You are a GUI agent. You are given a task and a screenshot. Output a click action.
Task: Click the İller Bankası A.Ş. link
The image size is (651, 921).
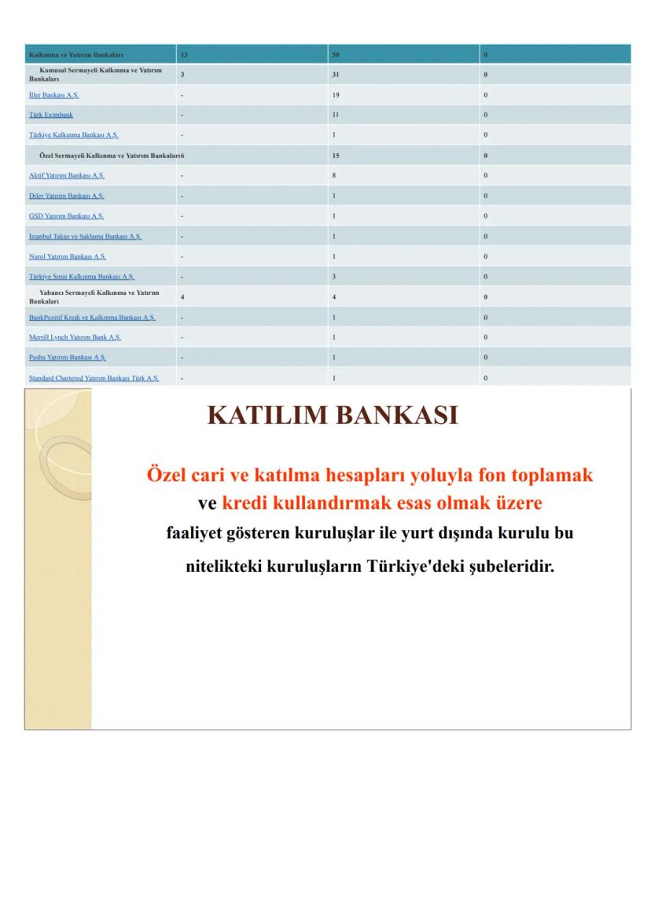point(53,95)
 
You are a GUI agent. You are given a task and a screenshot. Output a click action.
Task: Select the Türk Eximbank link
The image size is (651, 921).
point(51,115)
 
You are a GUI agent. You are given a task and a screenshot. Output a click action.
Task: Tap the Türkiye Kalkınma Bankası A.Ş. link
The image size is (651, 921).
point(73,135)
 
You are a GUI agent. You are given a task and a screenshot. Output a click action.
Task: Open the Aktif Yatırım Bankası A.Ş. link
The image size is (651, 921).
point(66,175)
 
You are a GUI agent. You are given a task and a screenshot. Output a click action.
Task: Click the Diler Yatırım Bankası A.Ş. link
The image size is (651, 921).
point(66,196)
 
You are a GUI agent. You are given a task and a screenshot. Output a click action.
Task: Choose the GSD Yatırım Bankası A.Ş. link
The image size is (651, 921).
point(66,216)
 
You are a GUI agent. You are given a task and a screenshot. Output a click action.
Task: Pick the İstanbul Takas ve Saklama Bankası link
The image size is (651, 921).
point(85,237)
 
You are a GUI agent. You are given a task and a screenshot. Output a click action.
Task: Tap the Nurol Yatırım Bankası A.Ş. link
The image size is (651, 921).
point(67,256)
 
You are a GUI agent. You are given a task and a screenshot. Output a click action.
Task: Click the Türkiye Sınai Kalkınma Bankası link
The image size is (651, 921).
point(81,277)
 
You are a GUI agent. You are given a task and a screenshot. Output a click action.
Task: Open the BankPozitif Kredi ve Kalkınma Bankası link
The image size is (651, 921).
point(92,318)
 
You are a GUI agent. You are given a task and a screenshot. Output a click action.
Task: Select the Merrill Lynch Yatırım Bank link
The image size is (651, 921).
point(75,337)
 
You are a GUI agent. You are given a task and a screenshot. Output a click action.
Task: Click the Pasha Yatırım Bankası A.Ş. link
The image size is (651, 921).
point(67,358)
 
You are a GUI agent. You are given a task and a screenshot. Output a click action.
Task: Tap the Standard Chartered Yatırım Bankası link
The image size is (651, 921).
point(94,378)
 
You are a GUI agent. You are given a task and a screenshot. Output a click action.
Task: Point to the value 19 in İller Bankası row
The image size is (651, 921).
point(336,95)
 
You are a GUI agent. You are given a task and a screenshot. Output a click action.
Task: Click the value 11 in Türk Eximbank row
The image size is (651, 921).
point(336,115)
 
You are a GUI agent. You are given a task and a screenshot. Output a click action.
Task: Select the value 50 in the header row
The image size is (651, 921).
point(336,55)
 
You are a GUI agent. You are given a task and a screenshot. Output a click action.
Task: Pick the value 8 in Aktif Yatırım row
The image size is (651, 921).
point(334,175)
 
